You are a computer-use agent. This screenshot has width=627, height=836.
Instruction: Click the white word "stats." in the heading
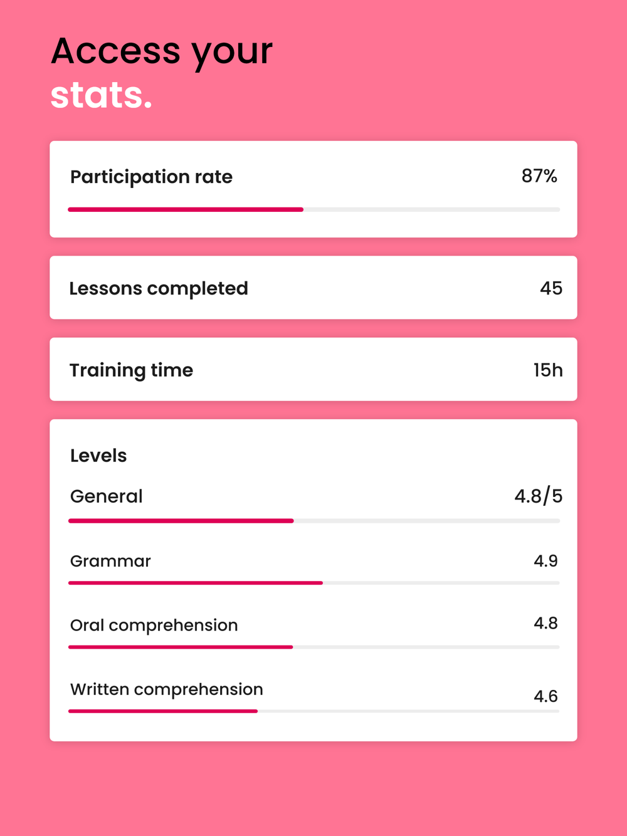coord(102,95)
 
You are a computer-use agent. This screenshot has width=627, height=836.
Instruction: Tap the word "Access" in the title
coord(115,51)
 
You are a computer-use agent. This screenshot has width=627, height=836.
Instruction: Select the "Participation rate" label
coord(151,177)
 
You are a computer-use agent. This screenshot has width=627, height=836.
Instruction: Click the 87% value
coord(539,176)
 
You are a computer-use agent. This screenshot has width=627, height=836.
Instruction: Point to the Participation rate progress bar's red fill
coord(186,209)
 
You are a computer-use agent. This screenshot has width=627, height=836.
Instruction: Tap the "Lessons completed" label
coord(159,288)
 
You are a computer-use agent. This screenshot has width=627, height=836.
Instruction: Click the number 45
coord(551,288)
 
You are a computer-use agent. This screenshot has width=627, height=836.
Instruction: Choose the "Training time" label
coord(131,370)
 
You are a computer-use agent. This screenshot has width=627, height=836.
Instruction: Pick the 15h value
coord(548,370)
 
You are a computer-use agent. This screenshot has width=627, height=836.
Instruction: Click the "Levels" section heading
coord(98,456)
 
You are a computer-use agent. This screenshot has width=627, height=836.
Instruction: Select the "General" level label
coord(107,496)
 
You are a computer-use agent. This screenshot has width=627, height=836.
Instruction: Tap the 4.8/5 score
coord(538,496)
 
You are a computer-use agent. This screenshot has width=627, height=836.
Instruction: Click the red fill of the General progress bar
coord(181,521)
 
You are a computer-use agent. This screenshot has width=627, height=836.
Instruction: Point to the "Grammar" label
coord(110,561)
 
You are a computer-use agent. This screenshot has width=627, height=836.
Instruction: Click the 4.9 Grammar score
coord(545,561)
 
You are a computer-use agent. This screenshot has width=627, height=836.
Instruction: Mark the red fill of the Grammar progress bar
coord(196,583)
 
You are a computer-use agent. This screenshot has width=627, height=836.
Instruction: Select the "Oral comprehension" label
coord(154,625)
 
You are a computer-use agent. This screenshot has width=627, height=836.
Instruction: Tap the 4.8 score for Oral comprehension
coord(545,624)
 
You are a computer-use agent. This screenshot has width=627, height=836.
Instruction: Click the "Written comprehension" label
coord(166,689)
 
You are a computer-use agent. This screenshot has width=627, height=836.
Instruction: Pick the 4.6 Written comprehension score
coord(545,696)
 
